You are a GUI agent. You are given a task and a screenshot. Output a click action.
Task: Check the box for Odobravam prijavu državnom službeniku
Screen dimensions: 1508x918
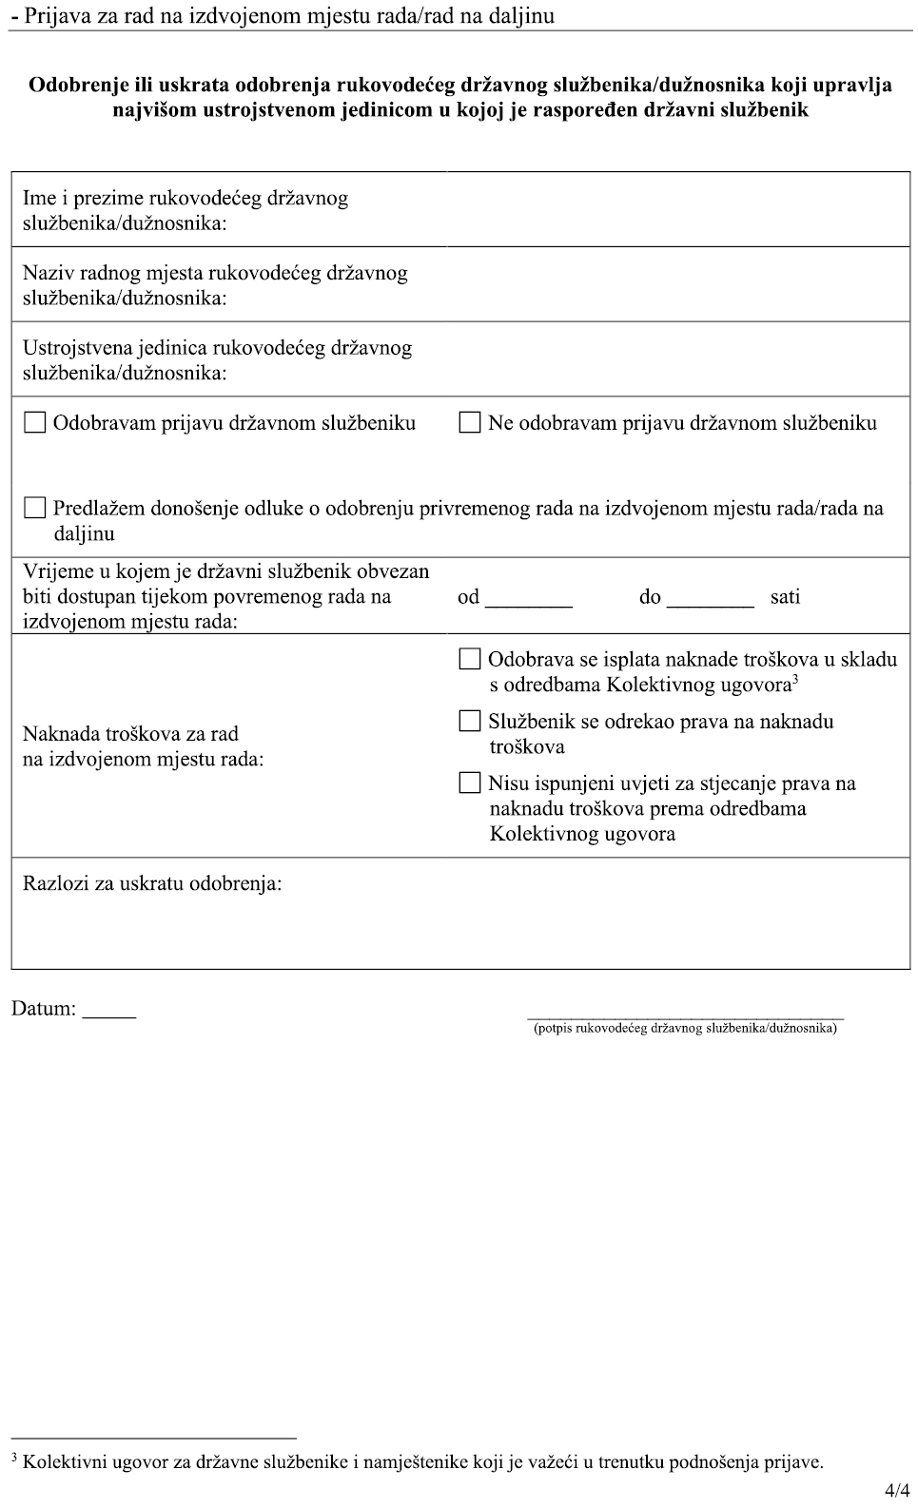coord(35,422)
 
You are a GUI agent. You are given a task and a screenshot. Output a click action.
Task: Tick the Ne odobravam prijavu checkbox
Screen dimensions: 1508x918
coord(470,422)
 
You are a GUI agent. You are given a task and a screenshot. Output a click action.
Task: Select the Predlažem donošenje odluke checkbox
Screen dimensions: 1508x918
coord(35,508)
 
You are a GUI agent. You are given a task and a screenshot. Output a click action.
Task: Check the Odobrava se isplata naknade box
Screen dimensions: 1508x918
coord(470,659)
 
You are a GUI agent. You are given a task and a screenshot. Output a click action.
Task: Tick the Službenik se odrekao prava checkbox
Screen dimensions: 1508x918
coord(470,721)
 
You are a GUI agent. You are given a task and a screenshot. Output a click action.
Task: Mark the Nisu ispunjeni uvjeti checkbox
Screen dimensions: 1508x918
coord(470,783)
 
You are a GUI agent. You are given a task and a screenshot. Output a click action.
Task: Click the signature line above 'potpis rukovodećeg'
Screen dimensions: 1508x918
coord(685,1016)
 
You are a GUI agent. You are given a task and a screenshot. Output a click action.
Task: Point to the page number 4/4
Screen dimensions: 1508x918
coord(896,1491)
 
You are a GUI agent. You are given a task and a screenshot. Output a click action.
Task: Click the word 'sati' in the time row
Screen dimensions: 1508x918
coord(786,597)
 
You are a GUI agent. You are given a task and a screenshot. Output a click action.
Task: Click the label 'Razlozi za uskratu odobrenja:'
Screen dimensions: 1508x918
coord(152,883)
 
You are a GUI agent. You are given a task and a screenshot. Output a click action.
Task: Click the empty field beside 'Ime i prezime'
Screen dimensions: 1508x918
coord(677,209)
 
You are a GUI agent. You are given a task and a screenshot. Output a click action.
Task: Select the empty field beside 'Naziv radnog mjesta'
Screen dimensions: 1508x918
coord(677,284)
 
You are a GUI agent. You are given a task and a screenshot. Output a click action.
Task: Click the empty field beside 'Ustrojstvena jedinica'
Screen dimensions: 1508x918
coord(677,358)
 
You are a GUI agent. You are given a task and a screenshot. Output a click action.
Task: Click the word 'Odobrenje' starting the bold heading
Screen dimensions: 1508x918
coord(76,86)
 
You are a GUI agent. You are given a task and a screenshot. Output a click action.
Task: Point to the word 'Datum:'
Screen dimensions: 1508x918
coord(44,1009)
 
